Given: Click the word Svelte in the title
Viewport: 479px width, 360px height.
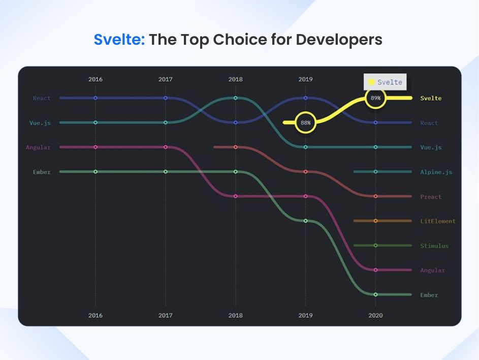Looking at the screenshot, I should pos(119,40).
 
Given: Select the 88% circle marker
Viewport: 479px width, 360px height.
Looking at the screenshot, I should pos(305,123).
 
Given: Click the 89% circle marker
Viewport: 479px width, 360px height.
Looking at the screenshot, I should pos(375,98).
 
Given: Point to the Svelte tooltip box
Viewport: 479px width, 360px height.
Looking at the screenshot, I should pos(385,82).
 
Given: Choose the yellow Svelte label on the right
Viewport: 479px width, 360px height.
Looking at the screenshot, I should pos(431,98).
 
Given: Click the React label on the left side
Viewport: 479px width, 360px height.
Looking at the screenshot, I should pos(42,98).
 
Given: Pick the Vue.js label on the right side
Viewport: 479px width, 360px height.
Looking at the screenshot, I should pos(431,147).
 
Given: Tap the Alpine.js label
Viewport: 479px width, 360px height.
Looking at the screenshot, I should pos(436,172).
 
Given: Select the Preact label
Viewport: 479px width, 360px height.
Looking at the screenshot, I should pos(431,197).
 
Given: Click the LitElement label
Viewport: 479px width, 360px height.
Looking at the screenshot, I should pos(438,221).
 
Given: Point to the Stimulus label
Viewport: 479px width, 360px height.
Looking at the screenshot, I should pos(434,246).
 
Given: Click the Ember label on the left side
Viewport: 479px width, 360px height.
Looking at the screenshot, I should pos(42,172).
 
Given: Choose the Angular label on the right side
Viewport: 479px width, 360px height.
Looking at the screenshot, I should pos(432,270).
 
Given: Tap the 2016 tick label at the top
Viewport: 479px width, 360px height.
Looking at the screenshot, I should pos(95,79).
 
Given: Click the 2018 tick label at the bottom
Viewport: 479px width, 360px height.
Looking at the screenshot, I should pos(235,315).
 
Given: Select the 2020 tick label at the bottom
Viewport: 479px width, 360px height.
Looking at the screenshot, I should pos(375,315).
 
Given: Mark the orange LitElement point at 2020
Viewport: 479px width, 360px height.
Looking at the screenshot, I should pos(375,221).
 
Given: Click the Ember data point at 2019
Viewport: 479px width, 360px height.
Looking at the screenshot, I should pos(305,221).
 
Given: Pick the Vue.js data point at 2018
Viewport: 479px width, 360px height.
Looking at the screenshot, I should pos(235,98).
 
